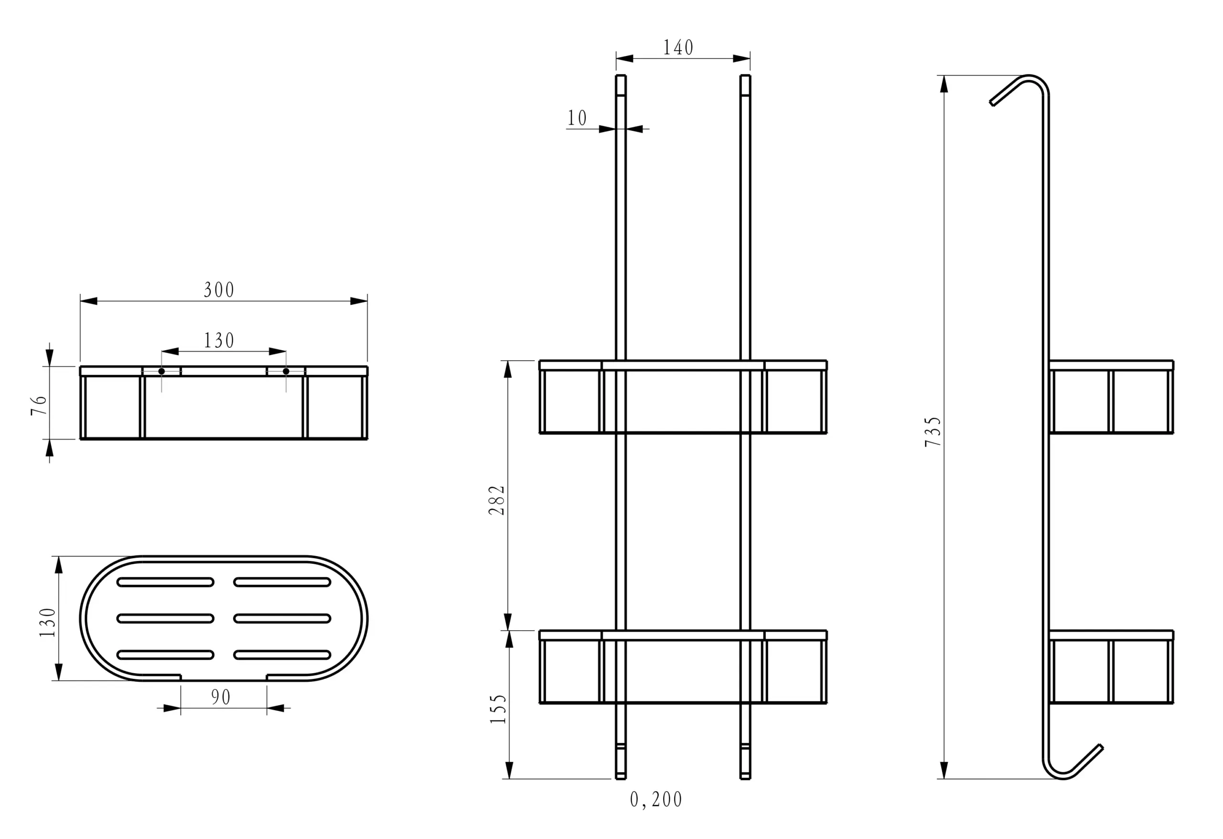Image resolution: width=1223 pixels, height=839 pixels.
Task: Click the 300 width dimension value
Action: coord(219,290)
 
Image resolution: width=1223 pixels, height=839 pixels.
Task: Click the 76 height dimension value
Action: coord(40,405)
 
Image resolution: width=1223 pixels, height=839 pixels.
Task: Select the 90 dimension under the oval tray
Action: coord(221,698)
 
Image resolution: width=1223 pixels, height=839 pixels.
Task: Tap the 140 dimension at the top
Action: coord(678,48)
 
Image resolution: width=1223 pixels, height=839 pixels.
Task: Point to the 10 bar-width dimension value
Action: coord(577,118)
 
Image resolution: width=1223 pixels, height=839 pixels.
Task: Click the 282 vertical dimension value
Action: coord(497,500)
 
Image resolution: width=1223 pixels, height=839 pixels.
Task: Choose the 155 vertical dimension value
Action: coord(498,709)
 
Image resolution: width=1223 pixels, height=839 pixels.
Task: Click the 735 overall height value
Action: coord(933,431)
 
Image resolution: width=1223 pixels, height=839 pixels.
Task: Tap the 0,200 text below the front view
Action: coord(656,799)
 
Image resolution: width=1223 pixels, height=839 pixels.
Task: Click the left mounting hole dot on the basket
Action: coord(161,371)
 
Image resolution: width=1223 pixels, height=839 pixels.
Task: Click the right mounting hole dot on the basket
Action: coord(286,371)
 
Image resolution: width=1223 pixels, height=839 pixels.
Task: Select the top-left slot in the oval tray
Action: coord(165,582)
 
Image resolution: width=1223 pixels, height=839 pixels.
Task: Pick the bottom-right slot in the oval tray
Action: coord(282,655)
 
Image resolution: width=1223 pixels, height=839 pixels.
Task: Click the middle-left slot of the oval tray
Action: coord(165,618)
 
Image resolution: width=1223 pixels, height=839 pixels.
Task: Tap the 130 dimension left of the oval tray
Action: coord(47,623)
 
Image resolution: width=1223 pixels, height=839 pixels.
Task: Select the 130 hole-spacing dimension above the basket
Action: coord(219,341)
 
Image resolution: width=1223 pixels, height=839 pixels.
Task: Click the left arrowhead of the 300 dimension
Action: coord(89,301)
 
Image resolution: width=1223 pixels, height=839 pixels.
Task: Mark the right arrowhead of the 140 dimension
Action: coord(741,58)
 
